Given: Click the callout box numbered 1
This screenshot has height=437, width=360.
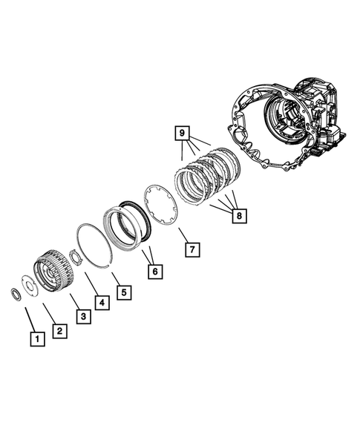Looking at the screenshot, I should tap(35, 340).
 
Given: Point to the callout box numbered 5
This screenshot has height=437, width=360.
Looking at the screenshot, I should tap(125, 292).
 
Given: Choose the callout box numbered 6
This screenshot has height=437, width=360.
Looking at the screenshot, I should tap(154, 272).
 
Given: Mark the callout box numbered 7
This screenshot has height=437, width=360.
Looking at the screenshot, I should tap(192, 249).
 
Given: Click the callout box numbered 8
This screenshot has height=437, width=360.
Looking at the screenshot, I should tap(239, 216).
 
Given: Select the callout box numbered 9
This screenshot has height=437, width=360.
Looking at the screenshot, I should tap(180, 134).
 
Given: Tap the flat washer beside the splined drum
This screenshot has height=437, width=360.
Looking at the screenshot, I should tap(27, 285).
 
